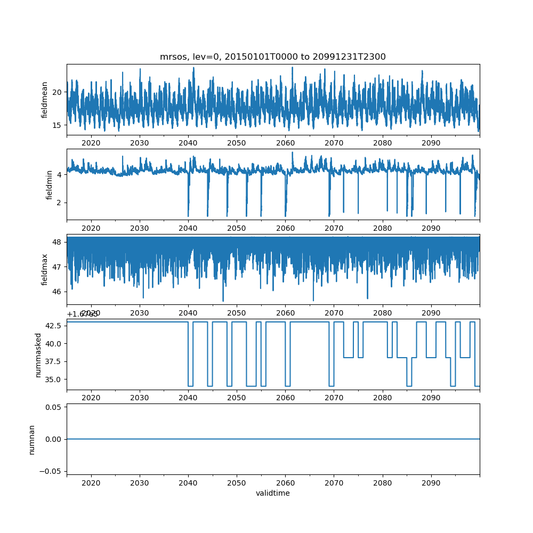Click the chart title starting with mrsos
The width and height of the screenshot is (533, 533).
pos(273,56)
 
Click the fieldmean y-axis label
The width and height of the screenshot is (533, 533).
pos(45,100)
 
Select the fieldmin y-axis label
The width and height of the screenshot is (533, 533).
pos(49,184)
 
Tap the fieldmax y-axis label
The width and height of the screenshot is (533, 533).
pos(45,269)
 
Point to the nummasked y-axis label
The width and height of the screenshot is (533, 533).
pos(38,355)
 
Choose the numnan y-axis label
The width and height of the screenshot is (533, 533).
pos(31,439)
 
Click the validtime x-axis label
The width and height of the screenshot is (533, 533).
pos(273,493)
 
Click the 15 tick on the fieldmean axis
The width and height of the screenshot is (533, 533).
pos(57,125)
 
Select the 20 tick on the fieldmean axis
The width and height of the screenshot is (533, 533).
pos(57,92)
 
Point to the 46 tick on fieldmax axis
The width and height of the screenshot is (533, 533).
pos(57,292)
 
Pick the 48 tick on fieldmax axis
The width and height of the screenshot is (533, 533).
pos(57,242)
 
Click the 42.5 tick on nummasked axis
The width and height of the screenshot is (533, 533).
pos(53,326)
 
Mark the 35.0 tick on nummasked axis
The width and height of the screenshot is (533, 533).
pos(53,379)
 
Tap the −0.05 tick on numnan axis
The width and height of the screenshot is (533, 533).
pos(51,471)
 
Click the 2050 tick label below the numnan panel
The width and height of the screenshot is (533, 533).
pos(237,483)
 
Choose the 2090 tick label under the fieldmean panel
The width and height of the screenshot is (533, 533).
pos(431,143)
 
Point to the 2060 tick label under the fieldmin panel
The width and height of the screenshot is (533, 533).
pos(285,228)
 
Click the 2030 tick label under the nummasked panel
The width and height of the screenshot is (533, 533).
pos(140,398)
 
